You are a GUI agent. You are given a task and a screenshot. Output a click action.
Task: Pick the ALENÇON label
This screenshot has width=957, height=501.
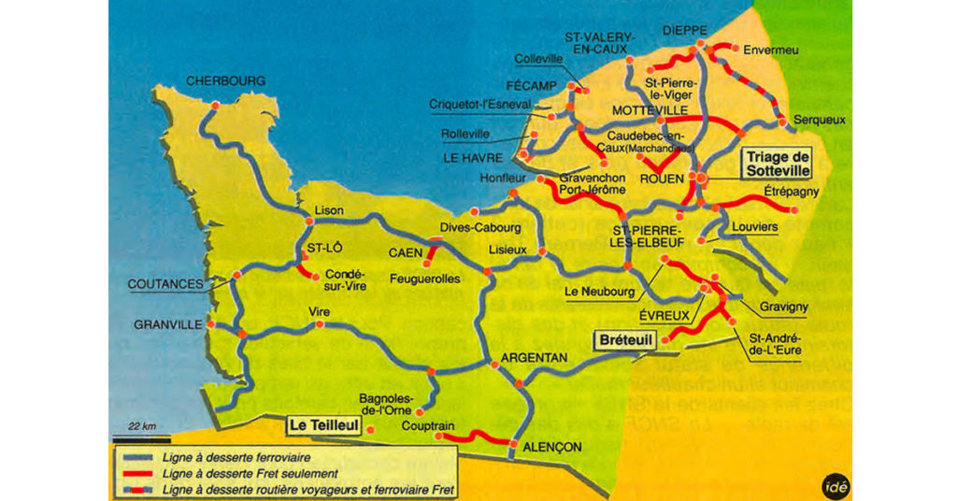coord(552,447)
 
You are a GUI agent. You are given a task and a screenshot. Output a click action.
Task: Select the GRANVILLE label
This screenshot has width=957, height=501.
coord(168,324)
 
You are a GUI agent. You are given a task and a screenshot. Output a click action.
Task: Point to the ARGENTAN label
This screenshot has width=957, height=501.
coord(534,358)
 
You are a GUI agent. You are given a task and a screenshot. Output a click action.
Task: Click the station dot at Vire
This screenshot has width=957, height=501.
coord(321,324)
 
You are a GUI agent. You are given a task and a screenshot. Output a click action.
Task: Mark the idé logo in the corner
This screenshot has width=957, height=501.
coord(834,486)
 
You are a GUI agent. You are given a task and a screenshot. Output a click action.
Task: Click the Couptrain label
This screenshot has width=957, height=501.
coord(427,426)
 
